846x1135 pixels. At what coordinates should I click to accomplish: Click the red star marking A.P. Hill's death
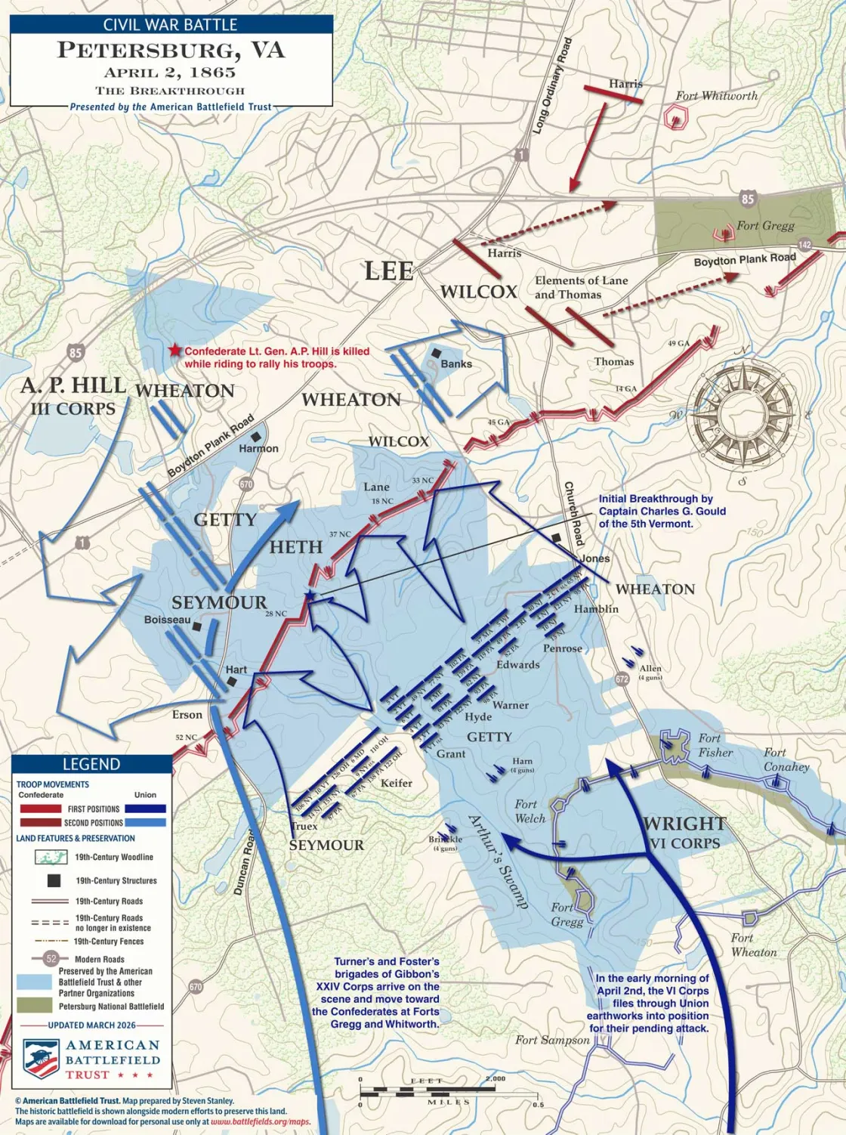[x=175, y=350]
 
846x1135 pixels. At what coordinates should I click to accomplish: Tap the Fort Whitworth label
[x=716, y=96]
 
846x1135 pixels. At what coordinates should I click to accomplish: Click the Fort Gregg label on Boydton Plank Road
[x=765, y=226]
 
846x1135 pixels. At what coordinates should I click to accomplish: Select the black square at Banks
[x=436, y=353]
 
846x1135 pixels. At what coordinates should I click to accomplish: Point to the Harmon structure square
[x=258, y=437]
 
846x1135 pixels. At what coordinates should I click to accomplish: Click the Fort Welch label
[x=530, y=812]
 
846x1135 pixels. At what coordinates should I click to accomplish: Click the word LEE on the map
[x=389, y=271]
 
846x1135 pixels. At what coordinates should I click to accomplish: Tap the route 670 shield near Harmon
[x=246, y=484]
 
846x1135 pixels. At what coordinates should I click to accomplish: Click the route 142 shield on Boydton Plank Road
[x=804, y=245]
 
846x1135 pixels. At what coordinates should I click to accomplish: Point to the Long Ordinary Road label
[x=552, y=86]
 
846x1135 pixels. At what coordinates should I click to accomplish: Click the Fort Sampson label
[x=551, y=1040]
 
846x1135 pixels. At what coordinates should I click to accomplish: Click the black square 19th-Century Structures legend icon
[x=54, y=880]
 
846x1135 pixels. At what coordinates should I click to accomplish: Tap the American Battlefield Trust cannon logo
[x=41, y=1059]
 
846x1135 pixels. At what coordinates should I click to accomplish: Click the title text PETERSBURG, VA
[x=171, y=51]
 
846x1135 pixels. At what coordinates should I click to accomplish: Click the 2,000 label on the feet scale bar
[x=496, y=1078]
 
